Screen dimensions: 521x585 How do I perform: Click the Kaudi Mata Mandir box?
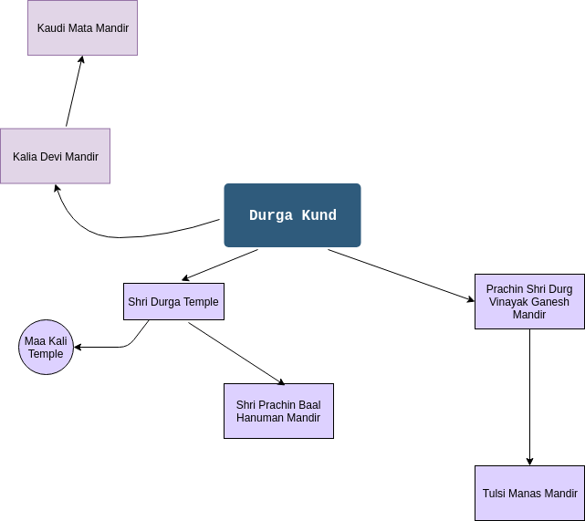point(82,27)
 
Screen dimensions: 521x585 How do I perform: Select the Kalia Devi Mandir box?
point(55,156)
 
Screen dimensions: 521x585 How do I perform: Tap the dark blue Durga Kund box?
point(292,215)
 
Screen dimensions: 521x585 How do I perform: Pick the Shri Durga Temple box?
point(173,302)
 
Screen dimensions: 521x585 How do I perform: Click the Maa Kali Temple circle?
point(46,348)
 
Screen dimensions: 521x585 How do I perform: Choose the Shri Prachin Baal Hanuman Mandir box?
point(278,412)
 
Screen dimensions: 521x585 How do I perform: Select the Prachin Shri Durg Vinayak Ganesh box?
point(529,302)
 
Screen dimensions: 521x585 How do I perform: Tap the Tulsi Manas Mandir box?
point(529,494)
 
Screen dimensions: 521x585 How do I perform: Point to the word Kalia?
point(26,157)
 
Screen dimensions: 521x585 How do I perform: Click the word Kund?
point(319,216)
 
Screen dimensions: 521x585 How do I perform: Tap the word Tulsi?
point(496,494)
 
